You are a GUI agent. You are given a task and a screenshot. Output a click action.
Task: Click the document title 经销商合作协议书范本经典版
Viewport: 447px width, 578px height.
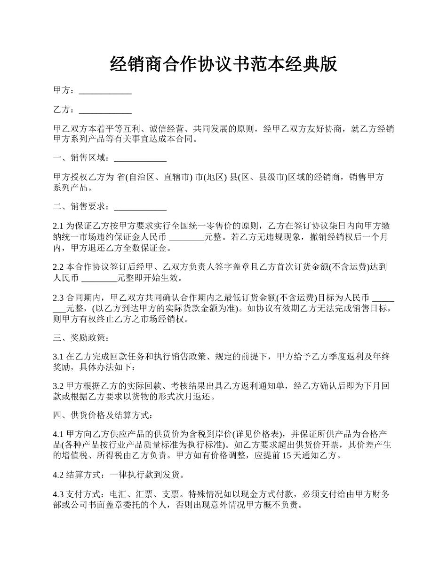pos(223,64)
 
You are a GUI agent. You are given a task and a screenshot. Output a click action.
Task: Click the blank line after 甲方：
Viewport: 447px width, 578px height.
pos(105,91)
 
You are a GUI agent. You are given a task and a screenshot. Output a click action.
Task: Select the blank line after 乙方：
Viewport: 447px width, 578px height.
pos(105,110)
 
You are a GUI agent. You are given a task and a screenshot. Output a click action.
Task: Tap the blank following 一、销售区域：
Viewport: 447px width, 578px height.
pos(140,158)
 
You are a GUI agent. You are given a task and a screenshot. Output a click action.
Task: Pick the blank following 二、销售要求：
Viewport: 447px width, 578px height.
pos(140,206)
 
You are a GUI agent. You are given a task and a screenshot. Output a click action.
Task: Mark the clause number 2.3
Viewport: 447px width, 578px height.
pos(58,298)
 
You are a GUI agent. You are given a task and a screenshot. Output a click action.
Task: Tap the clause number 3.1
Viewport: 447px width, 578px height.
pos(58,357)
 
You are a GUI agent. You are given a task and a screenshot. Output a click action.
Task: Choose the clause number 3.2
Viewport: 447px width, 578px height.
pos(58,386)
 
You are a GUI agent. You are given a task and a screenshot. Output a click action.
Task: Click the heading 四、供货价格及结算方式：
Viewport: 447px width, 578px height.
pos(103,415)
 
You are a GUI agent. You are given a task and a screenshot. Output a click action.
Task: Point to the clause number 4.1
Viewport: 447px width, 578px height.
pos(58,434)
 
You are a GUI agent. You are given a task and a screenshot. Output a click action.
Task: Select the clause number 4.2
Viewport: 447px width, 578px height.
pos(58,475)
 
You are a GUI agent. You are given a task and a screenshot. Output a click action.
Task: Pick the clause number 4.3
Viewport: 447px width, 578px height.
pos(58,494)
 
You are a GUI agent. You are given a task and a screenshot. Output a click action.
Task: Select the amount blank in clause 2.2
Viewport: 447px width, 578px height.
pos(99,279)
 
